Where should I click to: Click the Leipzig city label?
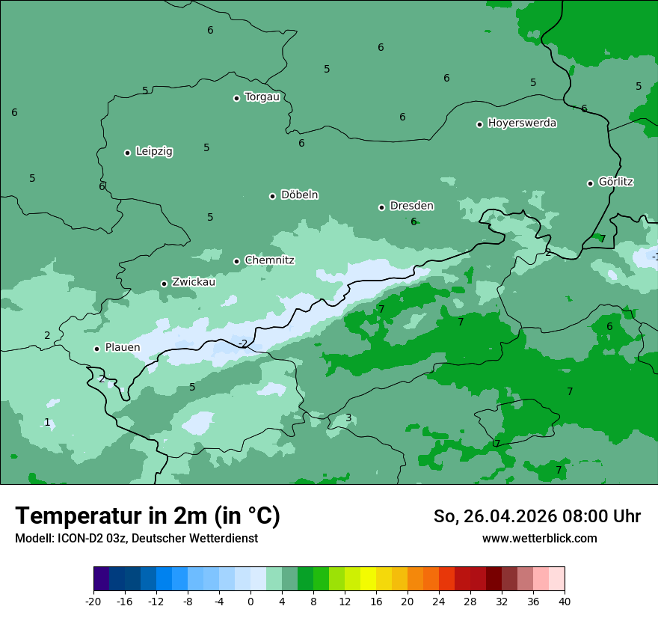coord(154,151)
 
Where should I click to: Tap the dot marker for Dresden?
coord(381,207)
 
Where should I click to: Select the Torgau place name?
coord(262,97)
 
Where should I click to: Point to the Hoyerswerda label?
coord(522,123)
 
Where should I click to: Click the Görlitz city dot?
coord(590,183)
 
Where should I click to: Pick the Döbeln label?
coord(299,195)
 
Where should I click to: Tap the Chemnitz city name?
coord(269,260)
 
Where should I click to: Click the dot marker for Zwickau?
coord(164,284)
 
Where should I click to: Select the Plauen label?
coord(122,347)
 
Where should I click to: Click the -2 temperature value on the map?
coord(242,343)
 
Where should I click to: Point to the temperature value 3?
coord(348,417)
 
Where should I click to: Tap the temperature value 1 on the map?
coord(47,422)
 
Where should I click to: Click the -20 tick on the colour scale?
coord(93,602)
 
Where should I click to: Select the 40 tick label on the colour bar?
coord(565,602)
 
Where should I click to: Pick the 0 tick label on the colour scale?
coord(250,602)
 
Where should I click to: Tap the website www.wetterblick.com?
coord(539,538)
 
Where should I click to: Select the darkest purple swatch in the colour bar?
coord(102,579)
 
